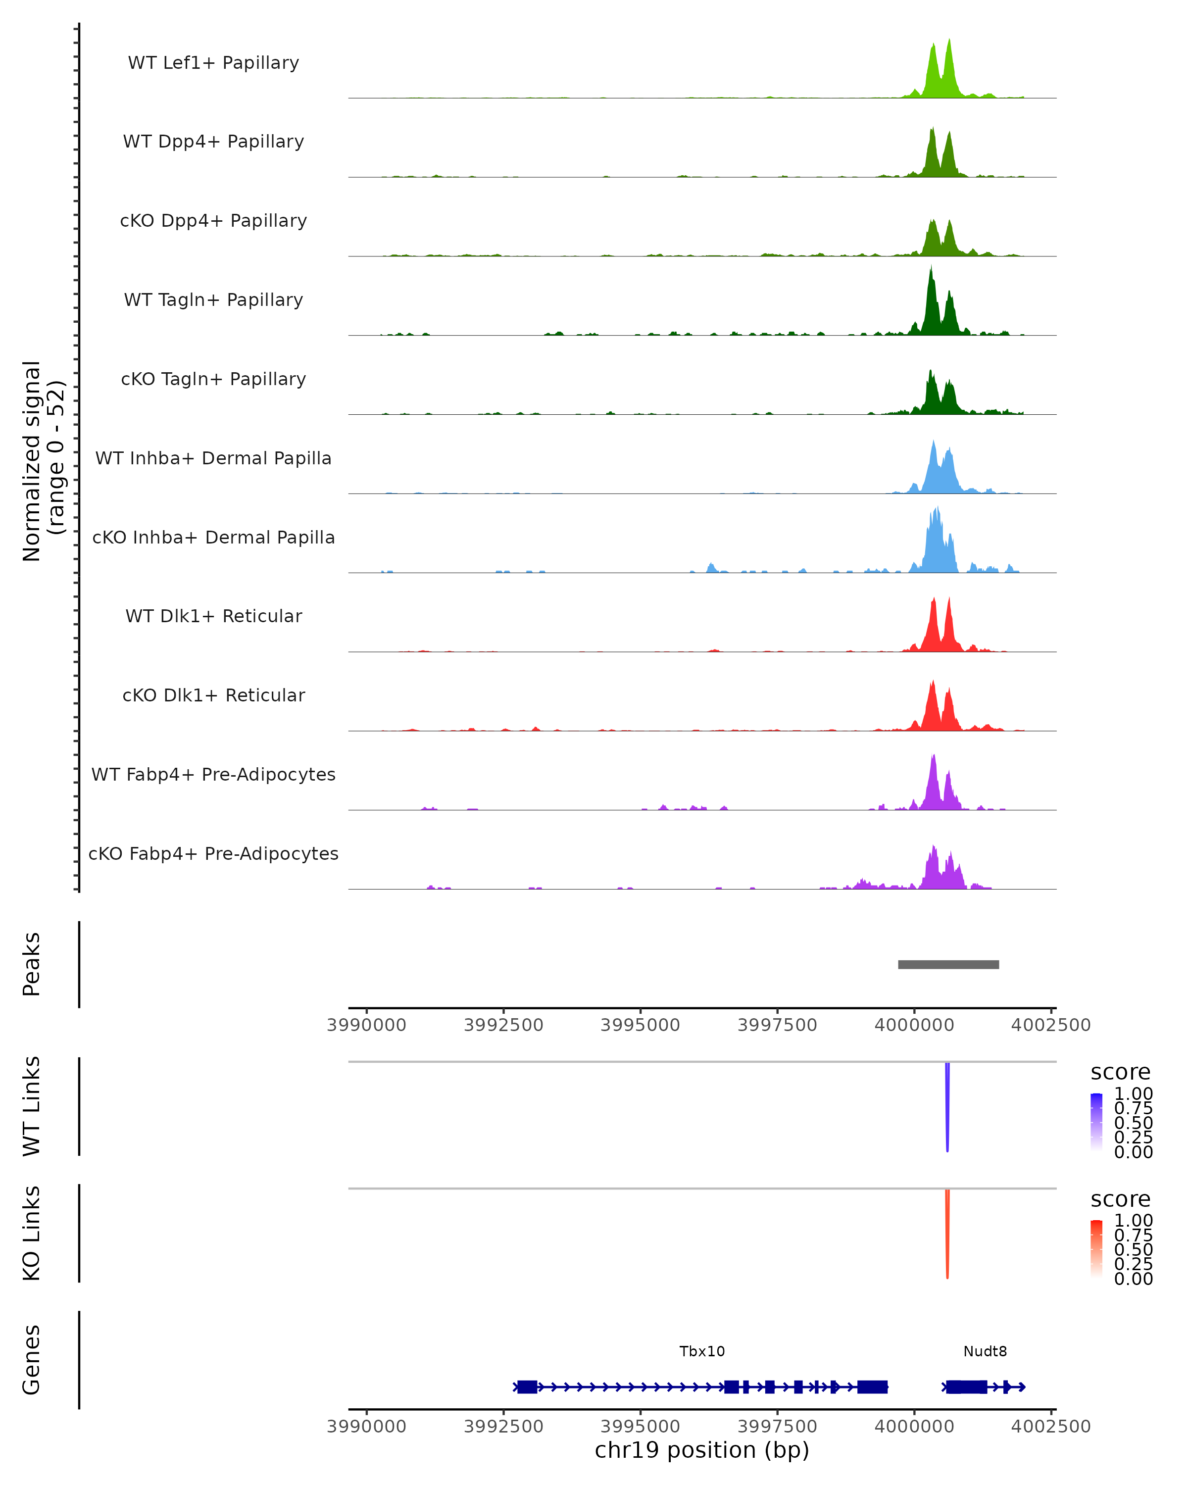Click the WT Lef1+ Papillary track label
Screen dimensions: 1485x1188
coord(213,63)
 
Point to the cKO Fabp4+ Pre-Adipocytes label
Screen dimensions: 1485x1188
coord(213,853)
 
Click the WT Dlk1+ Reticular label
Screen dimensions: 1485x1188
coord(213,616)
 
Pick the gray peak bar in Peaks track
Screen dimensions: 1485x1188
coord(948,964)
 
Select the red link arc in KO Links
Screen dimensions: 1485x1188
coord(947,1233)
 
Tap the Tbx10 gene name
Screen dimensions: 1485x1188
coord(702,1351)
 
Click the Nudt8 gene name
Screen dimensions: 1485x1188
coord(985,1351)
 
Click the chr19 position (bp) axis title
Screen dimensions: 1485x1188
coord(702,1450)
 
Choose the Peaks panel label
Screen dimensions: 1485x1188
coord(31,964)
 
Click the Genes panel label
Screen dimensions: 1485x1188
coord(31,1360)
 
